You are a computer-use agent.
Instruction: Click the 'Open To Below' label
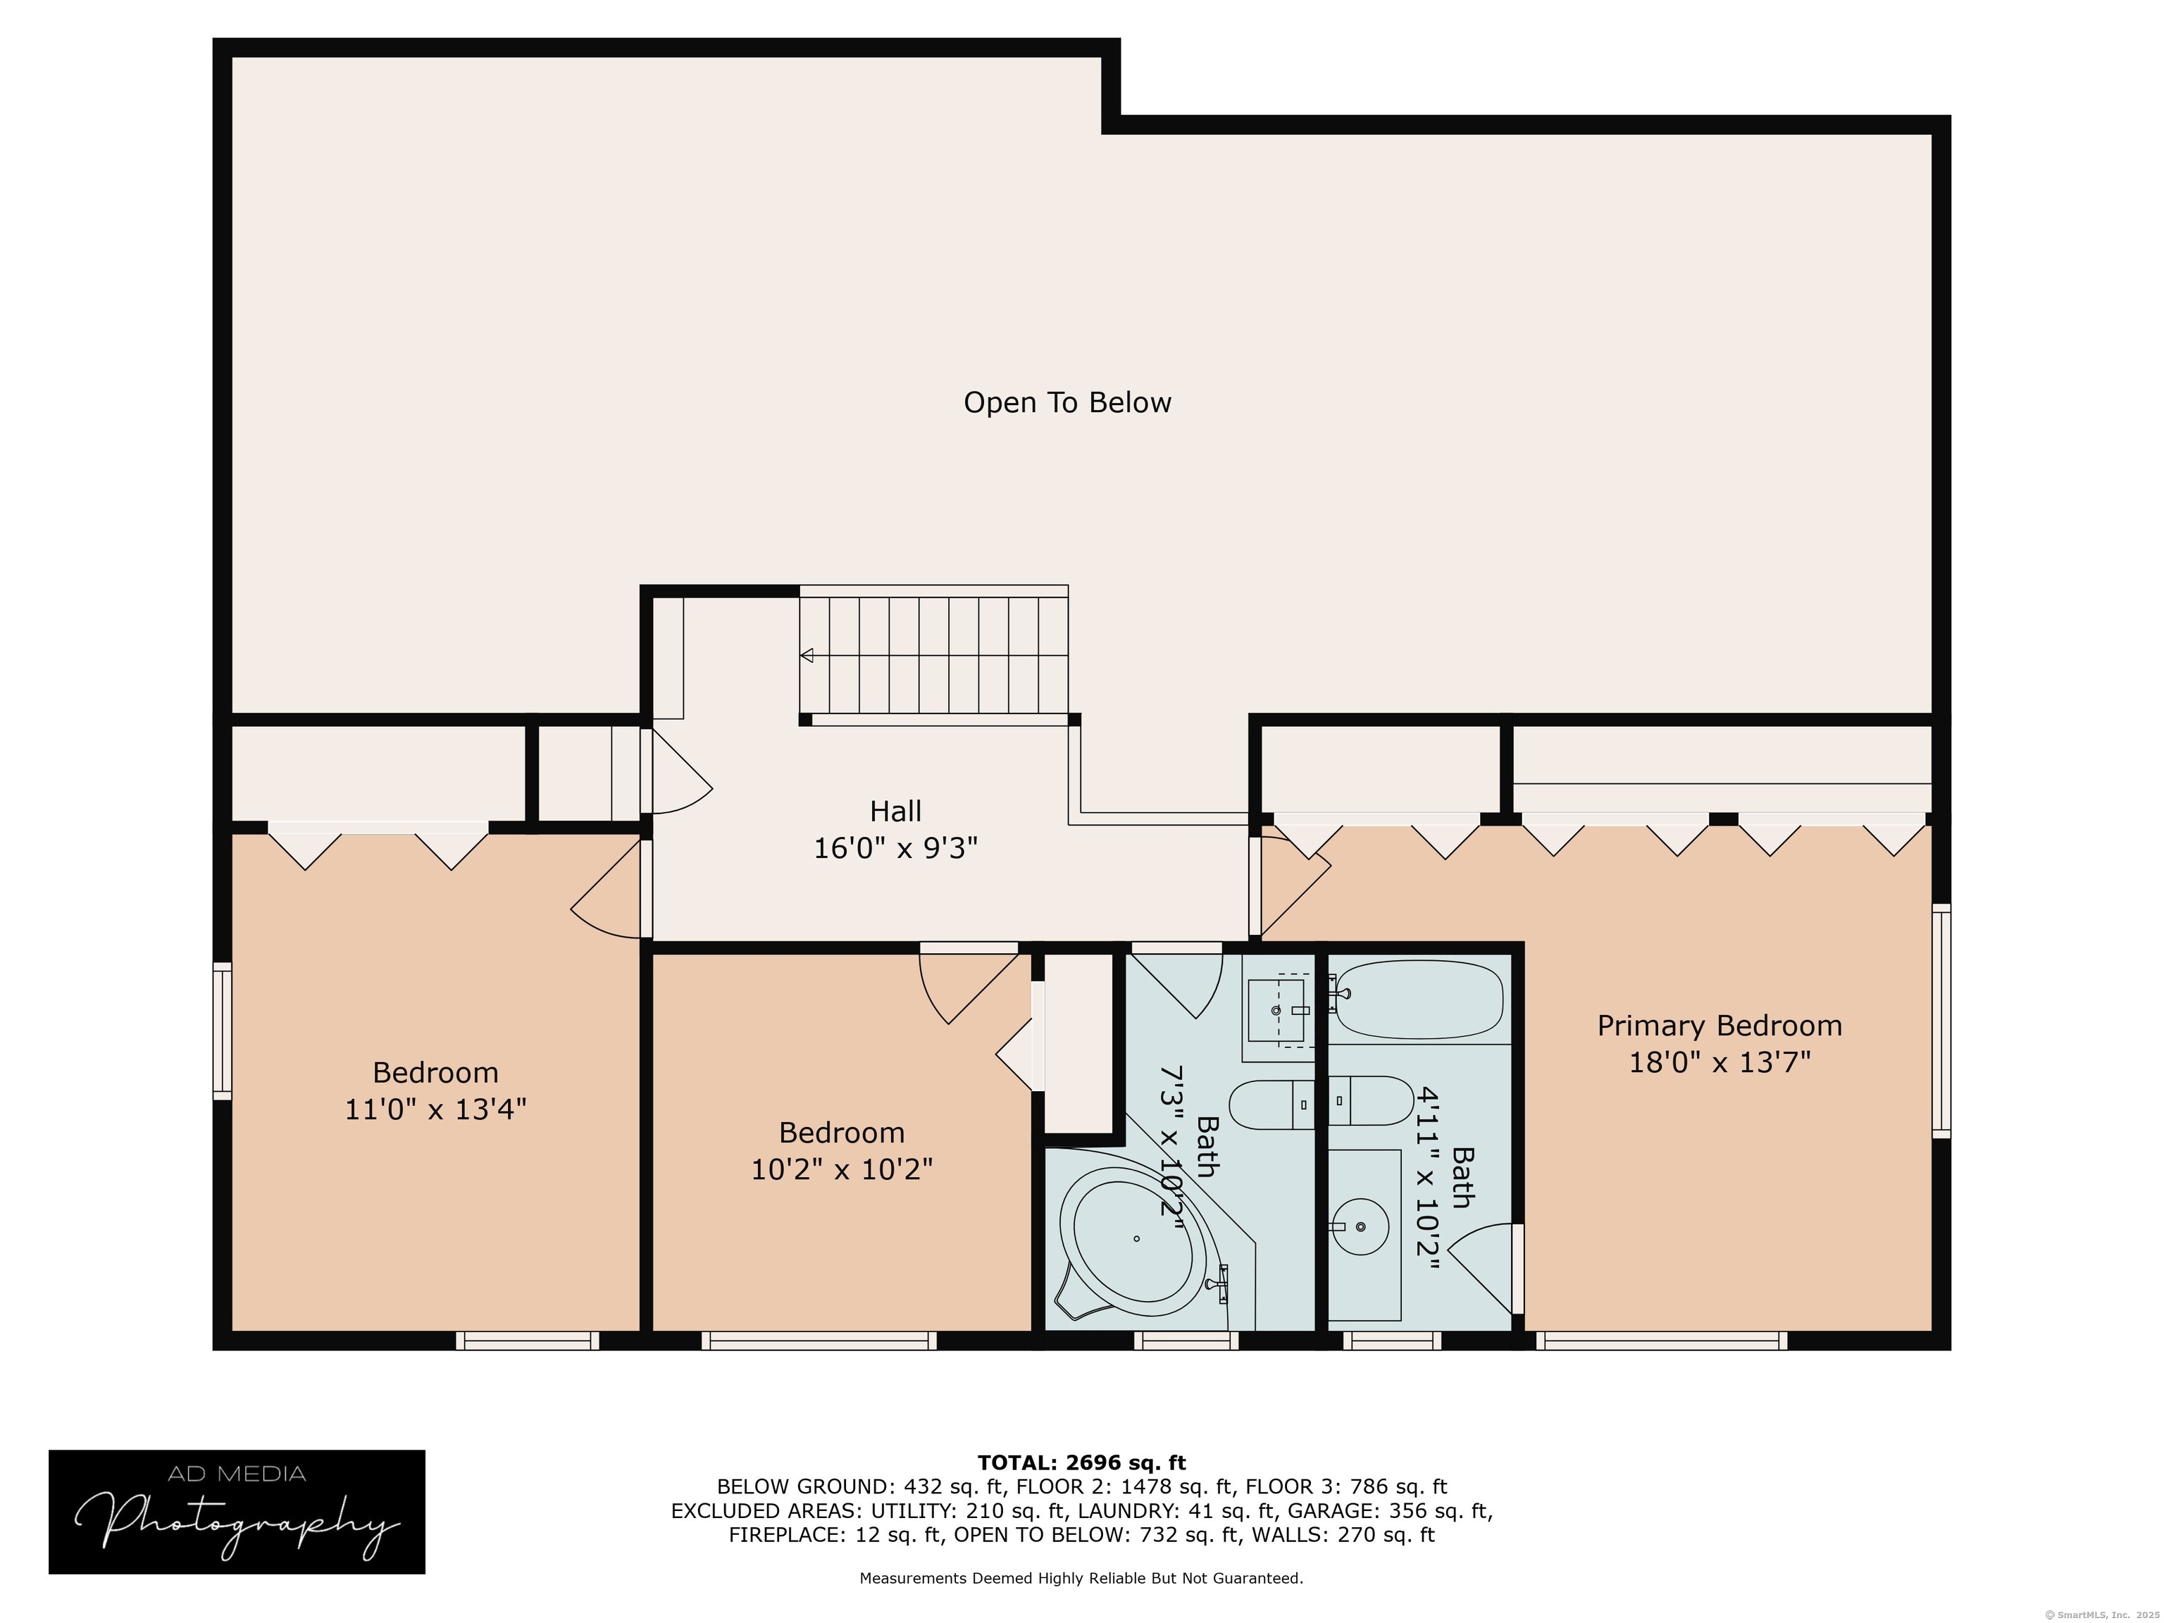coord(1067,402)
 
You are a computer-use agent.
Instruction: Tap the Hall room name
coord(895,811)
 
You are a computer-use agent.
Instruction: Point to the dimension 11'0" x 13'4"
coord(435,1108)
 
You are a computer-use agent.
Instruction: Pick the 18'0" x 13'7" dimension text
coord(1720,1062)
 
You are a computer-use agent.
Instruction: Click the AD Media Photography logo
coord(237,1512)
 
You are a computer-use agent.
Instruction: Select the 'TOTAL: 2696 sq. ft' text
coord(1081,1462)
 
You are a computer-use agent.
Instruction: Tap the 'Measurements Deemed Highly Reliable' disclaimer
coord(1081,1578)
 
